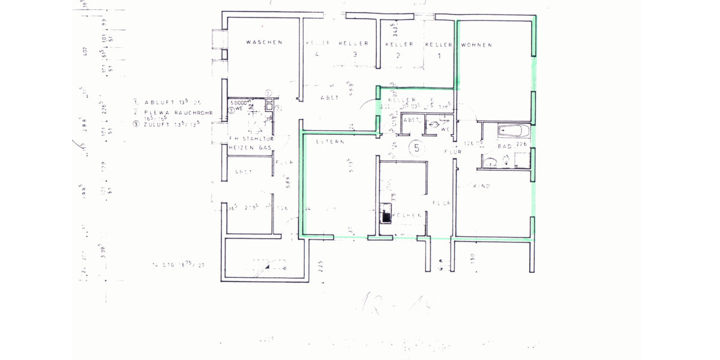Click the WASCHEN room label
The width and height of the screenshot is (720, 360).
(x=264, y=43)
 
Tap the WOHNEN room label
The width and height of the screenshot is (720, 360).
(x=477, y=45)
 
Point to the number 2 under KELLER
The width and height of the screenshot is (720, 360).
(x=397, y=56)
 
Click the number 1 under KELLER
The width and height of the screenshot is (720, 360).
(x=438, y=56)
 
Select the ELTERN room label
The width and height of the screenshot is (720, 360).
(x=329, y=142)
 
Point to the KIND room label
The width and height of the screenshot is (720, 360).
(x=482, y=187)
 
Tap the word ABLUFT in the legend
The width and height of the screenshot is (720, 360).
(x=159, y=103)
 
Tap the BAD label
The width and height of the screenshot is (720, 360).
(x=505, y=146)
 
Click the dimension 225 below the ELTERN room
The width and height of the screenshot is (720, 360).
(x=321, y=264)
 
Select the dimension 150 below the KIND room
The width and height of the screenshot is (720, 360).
(x=473, y=259)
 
